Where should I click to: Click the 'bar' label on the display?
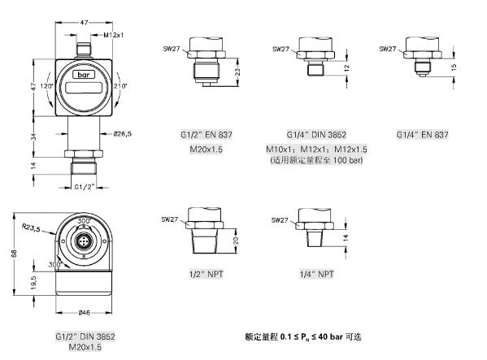click(x=83, y=75)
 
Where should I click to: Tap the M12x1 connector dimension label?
click(x=113, y=35)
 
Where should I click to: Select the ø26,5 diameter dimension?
click(x=123, y=134)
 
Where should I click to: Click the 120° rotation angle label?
click(x=47, y=86)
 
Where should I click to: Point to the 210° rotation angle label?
click(x=120, y=86)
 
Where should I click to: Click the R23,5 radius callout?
click(x=31, y=228)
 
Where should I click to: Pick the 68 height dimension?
click(x=15, y=254)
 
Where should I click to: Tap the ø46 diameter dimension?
click(x=84, y=313)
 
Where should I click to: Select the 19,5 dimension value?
click(x=34, y=283)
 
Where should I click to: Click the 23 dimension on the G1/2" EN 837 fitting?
click(x=237, y=72)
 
